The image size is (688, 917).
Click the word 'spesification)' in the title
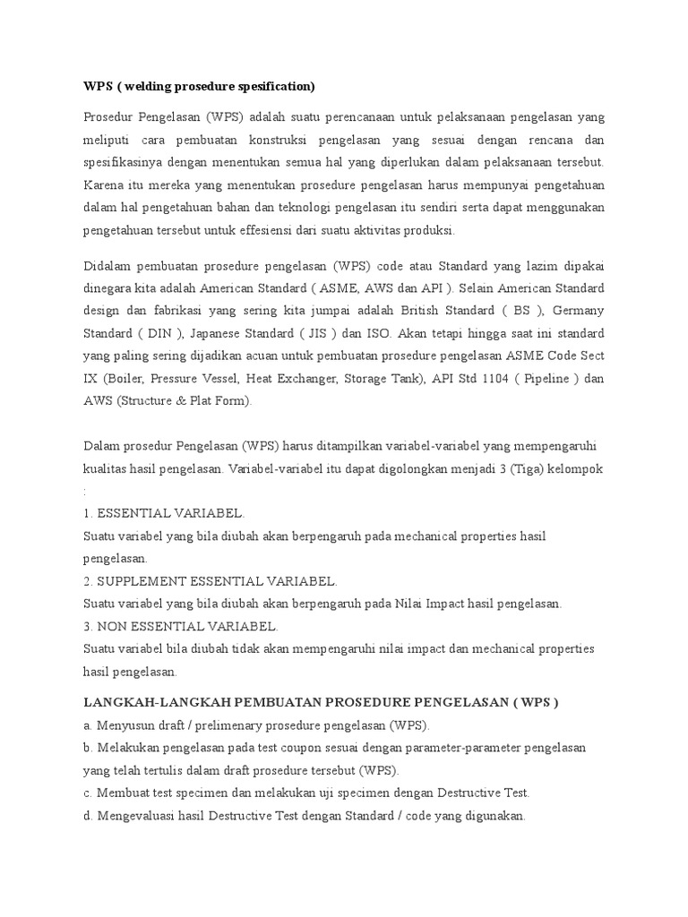(x=272, y=86)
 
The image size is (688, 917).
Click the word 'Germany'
(x=580, y=310)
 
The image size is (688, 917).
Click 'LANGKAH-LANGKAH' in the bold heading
(x=150, y=702)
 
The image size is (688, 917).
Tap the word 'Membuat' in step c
(x=122, y=793)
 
